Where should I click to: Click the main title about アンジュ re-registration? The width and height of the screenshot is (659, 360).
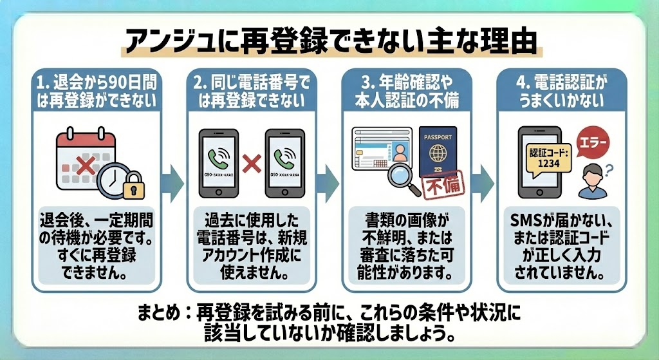(x=329, y=41)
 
